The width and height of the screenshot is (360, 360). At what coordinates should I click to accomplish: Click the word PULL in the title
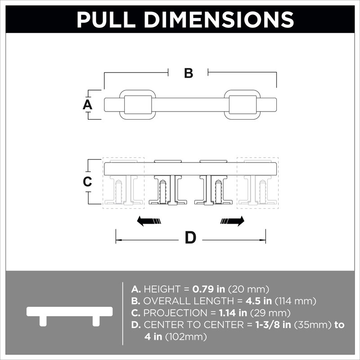coord(106,19)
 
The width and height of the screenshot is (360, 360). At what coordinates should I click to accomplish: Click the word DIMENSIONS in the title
coord(219,19)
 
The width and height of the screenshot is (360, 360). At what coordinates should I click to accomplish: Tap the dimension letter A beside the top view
coord(87,105)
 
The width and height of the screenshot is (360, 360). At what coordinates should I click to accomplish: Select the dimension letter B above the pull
coord(189,73)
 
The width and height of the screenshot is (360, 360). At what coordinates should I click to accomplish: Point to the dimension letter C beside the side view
coord(87,182)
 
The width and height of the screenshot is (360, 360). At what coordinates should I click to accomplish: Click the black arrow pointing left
coord(149,221)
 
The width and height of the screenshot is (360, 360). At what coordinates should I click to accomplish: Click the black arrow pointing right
coord(232,221)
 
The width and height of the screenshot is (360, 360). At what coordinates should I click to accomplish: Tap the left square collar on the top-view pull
coord(138,105)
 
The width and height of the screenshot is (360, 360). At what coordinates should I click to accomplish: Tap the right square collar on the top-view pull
coord(243,105)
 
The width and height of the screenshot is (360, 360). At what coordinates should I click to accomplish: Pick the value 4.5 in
coord(258,301)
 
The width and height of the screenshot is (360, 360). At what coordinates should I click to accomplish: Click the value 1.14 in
coord(233,313)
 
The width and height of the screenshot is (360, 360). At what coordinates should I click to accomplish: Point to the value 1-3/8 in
coord(273,325)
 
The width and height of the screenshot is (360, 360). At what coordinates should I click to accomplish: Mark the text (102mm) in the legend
coord(186,337)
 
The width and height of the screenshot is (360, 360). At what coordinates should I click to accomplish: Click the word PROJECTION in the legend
coord(175,313)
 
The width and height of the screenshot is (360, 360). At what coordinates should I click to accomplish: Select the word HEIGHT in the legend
coord(162,289)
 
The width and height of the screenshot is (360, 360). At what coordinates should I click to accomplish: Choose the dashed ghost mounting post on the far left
coord(123,183)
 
